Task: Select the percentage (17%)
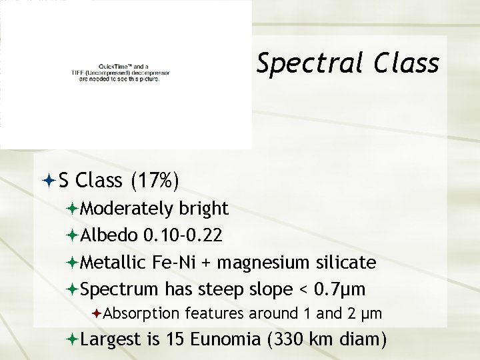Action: click(x=155, y=181)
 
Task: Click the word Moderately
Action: click(x=126, y=209)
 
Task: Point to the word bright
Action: click(x=204, y=209)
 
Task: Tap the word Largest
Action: click(x=110, y=341)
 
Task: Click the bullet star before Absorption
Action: click(x=97, y=313)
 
